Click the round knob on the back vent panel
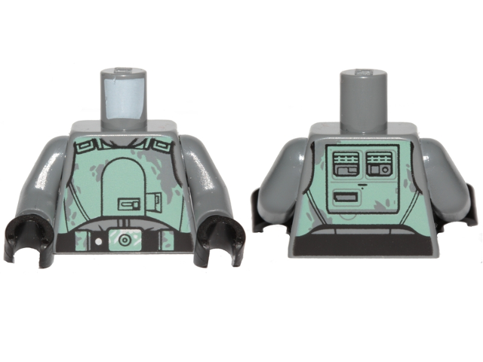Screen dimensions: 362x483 pos(384,170)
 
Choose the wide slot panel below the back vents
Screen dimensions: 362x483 pos(347,200)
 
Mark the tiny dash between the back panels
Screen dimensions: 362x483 pos(363,183)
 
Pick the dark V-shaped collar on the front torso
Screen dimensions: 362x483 pos(125,143)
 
